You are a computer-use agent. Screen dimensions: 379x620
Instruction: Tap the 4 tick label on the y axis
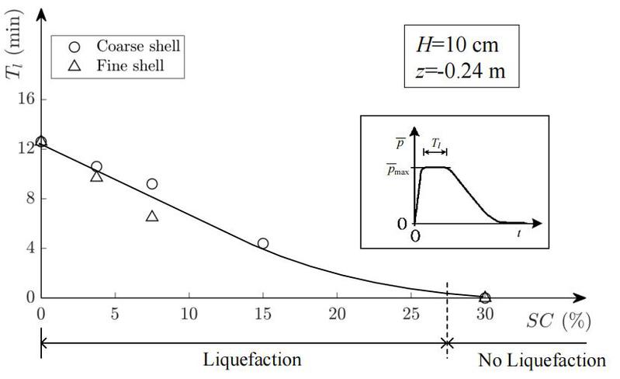(29, 249)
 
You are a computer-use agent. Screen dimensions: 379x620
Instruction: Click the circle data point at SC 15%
(263, 243)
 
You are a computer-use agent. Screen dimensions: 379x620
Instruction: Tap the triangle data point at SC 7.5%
(152, 216)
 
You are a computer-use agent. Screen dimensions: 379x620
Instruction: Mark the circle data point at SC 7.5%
(152, 184)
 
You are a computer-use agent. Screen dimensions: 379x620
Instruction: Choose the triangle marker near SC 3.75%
(96, 177)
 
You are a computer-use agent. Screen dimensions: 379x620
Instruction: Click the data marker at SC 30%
(485, 297)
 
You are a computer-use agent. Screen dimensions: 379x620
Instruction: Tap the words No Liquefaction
(542, 360)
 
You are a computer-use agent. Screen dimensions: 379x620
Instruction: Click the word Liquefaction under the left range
(252, 360)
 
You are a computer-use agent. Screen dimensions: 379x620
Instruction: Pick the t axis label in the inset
(519, 232)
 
